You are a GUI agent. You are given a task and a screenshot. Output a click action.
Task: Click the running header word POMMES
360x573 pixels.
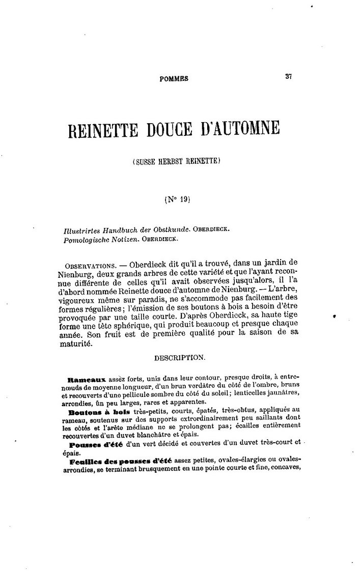pos(174,79)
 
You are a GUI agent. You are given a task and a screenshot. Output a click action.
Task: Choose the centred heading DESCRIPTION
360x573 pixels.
pos(180,358)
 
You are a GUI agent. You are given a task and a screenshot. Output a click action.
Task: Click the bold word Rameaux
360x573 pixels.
pos(86,380)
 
